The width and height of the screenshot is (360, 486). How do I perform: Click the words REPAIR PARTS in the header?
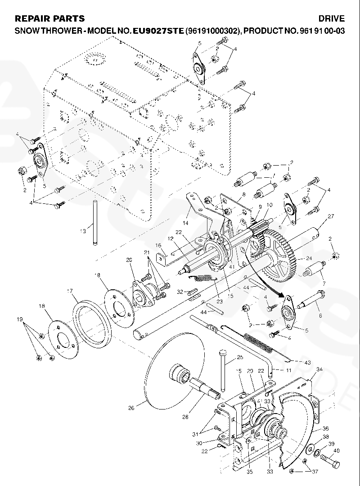tap(49, 19)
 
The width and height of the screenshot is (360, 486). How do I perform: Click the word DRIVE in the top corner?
tap(331, 19)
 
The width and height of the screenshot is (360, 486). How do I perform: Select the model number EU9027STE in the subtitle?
tap(157, 31)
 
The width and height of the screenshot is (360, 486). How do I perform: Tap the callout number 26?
tap(131, 408)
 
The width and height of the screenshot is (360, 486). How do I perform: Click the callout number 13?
tap(83, 231)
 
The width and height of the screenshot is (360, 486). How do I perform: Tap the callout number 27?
tap(331, 216)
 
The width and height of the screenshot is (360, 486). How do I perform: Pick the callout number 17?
tap(70, 291)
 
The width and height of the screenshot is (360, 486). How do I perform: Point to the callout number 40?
tap(336, 451)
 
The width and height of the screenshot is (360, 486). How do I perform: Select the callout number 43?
tap(307, 363)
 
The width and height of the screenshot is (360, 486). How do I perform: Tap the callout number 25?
tap(240, 357)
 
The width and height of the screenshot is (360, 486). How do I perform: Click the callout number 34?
tap(319, 369)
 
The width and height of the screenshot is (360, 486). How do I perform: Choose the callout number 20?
tap(129, 260)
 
